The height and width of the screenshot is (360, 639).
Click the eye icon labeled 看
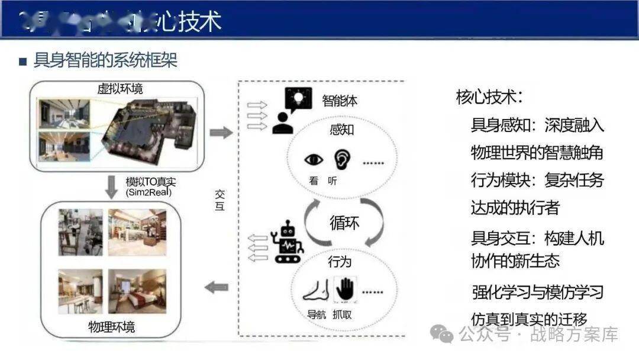click(x=314, y=160)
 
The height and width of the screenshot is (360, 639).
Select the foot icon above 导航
click(x=314, y=290)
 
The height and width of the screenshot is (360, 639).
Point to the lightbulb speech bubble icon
click(x=297, y=98)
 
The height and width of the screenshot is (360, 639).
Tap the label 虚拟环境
click(x=120, y=89)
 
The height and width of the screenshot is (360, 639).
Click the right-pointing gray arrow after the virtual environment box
click(x=221, y=133)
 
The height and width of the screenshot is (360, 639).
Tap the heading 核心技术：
click(x=489, y=97)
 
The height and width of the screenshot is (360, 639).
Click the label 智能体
click(x=340, y=101)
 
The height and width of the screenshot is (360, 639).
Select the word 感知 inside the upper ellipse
click(x=341, y=130)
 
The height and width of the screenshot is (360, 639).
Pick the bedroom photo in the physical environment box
click(x=137, y=291)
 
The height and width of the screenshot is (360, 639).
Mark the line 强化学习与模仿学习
click(x=537, y=291)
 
